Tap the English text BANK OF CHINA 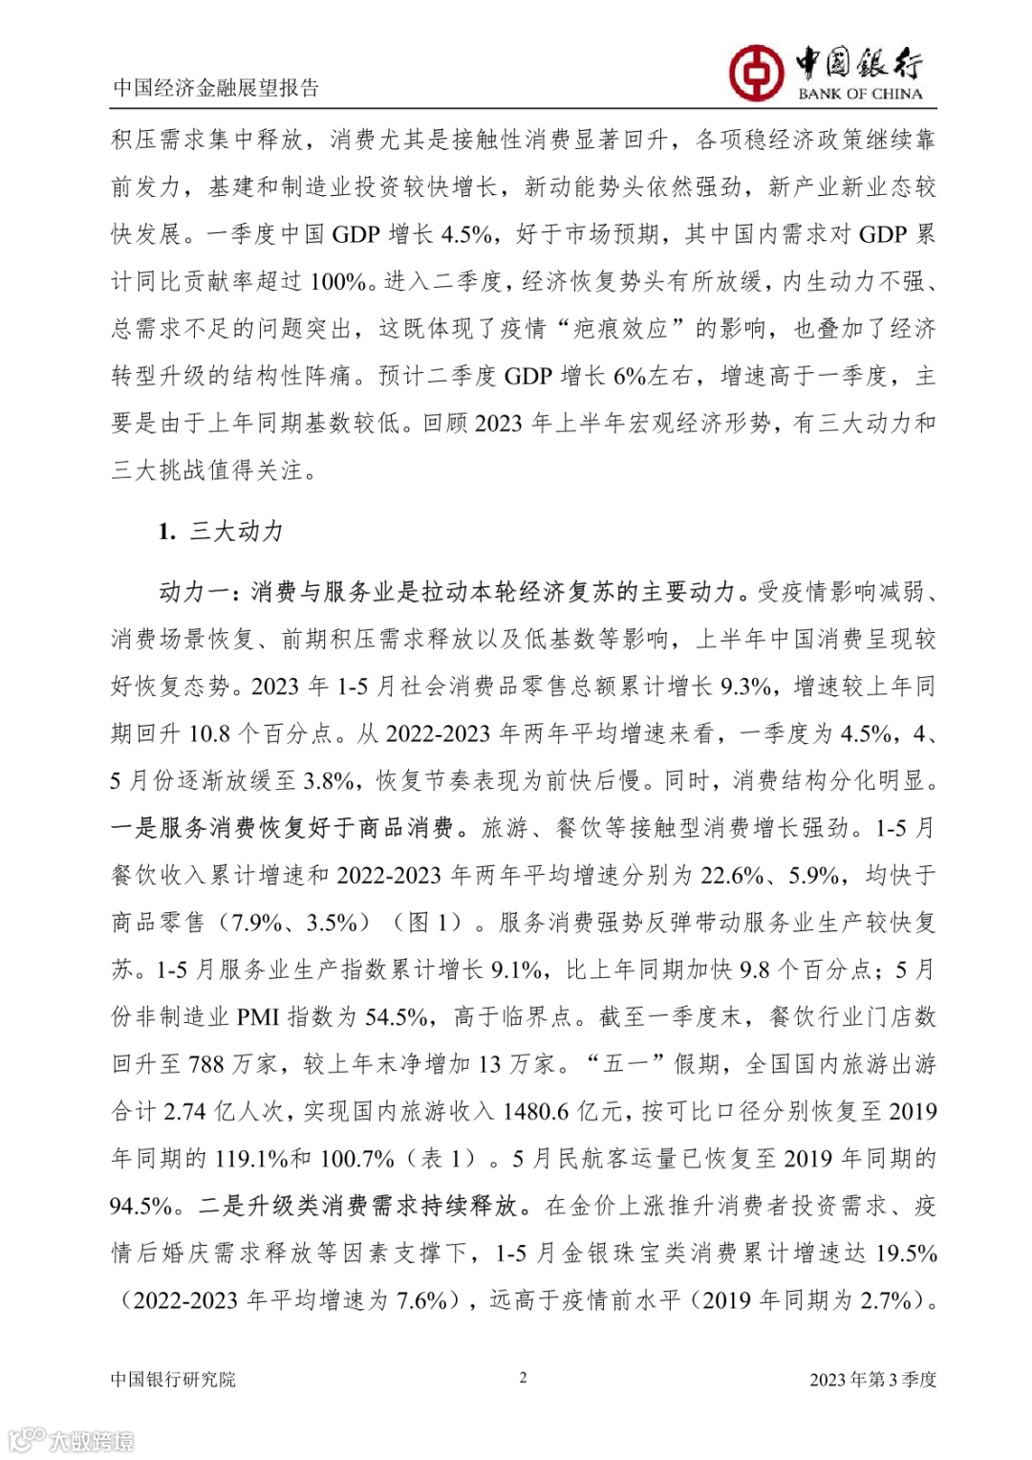(860, 94)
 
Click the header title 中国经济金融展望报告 (216, 88)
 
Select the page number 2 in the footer (523, 1377)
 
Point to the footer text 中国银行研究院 (173, 1379)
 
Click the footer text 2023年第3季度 (872, 1379)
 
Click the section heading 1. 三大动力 (221, 532)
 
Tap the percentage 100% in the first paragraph (339, 282)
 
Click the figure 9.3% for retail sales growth (746, 686)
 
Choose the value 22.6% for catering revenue (732, 876)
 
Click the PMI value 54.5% (397, 1017)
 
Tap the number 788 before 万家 (206, 1064)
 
